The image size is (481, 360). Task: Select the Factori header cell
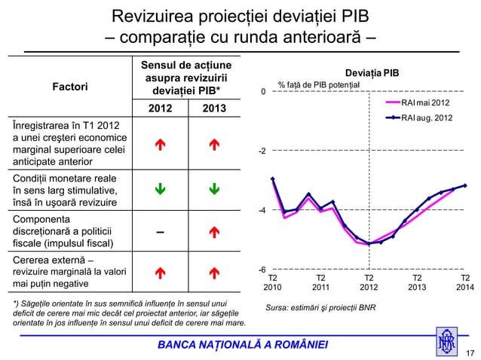(69, 87)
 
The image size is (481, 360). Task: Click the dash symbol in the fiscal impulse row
(159, 231)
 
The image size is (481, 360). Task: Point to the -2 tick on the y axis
(262, 151)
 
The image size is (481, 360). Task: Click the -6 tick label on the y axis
(262, 269)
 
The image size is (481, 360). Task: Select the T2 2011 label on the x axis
(321, 282)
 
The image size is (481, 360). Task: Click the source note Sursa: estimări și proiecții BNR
(316, 307)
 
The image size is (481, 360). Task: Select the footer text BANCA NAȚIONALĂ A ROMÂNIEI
(242, 345)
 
